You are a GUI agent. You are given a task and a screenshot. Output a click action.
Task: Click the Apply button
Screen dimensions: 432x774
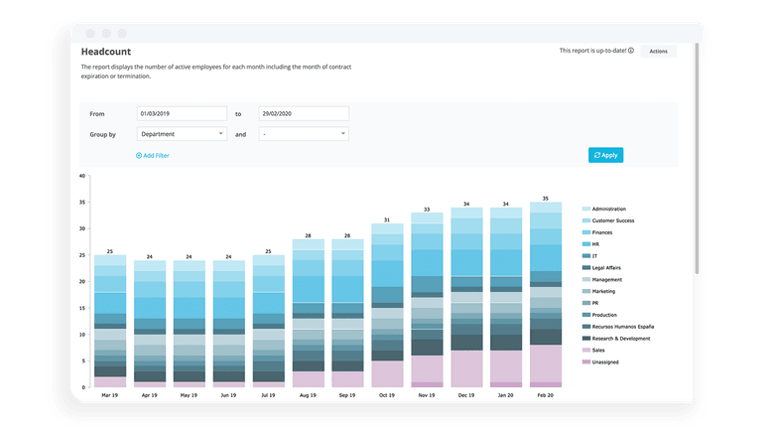point(605,155)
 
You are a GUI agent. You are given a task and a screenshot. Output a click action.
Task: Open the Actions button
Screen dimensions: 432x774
point(658,50)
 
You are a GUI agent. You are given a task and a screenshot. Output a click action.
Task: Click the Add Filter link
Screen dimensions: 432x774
point(152,156)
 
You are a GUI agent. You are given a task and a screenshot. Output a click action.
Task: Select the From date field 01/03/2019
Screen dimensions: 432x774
point(182,113)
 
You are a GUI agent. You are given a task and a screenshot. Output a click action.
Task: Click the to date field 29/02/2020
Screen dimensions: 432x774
point(303,113)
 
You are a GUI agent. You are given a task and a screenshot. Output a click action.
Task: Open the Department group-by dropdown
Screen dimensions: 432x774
point(182,133)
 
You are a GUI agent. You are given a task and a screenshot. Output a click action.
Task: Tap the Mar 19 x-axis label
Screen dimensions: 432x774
point(110,394)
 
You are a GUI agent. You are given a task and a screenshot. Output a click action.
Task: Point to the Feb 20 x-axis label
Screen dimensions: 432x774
point(546,394)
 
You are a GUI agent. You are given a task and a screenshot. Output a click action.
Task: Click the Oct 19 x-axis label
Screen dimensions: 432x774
point(387,394)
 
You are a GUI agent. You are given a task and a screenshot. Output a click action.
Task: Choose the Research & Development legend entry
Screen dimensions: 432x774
point(621,339)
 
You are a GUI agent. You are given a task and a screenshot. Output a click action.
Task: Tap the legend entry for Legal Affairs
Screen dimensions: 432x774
point(607,267)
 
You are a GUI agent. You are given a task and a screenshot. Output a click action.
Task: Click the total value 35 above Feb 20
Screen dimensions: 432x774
point(546,199)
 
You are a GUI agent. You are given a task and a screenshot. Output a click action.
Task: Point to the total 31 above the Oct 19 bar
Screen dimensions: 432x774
point(387,219)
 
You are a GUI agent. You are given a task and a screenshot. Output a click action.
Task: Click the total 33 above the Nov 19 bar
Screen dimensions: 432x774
point(427,210)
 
